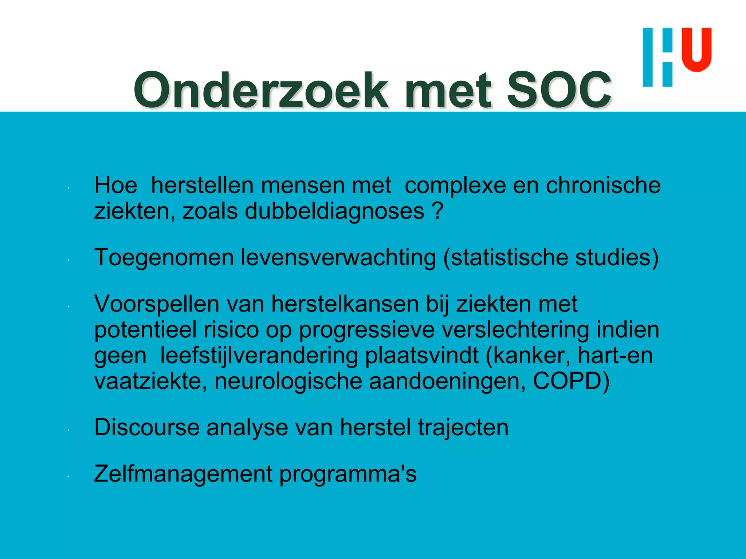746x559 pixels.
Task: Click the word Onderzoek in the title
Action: (x=261, y=90)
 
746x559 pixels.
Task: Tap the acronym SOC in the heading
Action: (x=559, y=90)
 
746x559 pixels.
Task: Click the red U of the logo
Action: (x=696, y=50)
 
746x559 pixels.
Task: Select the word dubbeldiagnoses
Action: (x=334, y=211)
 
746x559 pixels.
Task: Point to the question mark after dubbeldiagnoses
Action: (x=439, y=211)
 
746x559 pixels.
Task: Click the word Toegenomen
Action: (x=164, y=258)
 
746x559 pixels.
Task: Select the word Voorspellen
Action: (x=157, y=304)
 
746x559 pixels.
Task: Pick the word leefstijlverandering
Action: (x=259, y=356)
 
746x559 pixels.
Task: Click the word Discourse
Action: (x=146, y=427)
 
